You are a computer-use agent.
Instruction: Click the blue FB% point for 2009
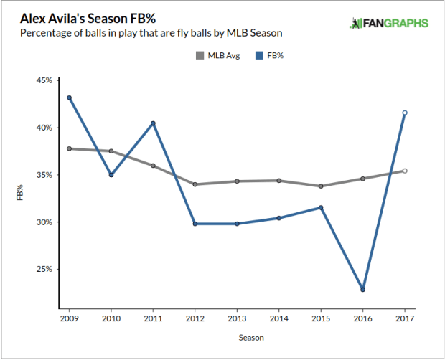pos(69,98)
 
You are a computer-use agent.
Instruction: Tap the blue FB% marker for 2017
pos(405,113)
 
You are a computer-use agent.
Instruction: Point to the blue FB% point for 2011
pos(153,123)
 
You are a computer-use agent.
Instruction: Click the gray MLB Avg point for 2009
pos(69,148)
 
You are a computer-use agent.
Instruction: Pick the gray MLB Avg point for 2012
pos(195,184)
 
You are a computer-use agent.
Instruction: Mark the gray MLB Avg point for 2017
pos(405,171)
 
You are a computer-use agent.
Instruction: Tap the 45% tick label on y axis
pos(44,80)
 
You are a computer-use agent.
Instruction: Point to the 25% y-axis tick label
pos(44,269)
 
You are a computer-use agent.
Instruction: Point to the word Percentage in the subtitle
pos(46,33)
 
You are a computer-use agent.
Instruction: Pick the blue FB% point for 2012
pos(195,224)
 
